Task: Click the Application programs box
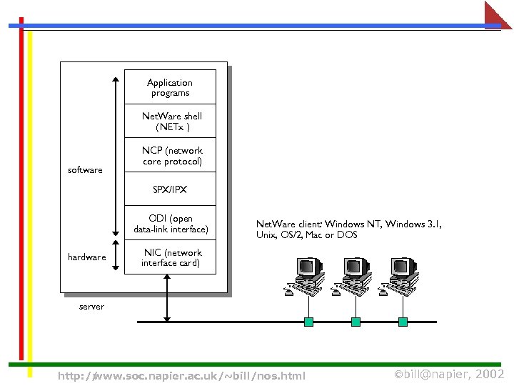pos(170,87)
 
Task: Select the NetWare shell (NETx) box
pos(170,121)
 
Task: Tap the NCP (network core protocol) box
pos(170,156)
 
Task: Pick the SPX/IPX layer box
pos(170,190)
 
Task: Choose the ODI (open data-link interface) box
pos(170,224)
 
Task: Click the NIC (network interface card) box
pos(170,257)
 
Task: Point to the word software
pos(85,170)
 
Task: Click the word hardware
pos(86,257)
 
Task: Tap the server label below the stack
pos(91,307)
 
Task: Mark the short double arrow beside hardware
pos(115,258)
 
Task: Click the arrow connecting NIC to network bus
pos(167,299)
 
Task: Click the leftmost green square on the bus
pos(308,322)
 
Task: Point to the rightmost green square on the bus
pos(403,322)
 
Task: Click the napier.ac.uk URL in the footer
pos(181,375)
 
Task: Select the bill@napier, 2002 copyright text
pos(450,374)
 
